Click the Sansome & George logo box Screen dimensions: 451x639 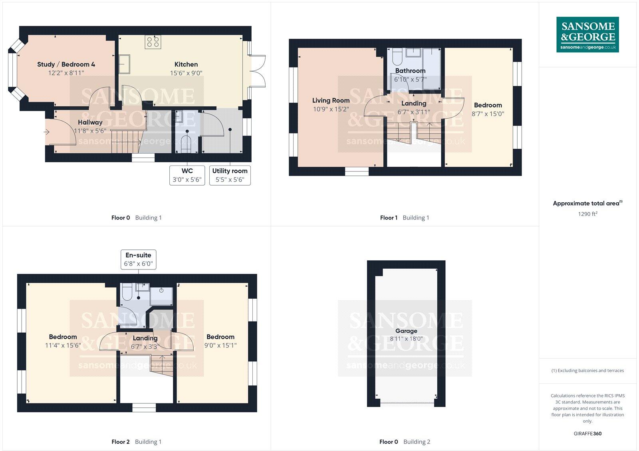coord(587,34)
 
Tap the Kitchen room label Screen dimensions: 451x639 coord(186,64)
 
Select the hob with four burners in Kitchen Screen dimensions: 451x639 coord(153,42)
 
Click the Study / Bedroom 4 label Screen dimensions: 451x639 coord(66,64)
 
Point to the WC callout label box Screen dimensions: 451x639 coord(187,176)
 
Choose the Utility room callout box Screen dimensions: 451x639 coord(230,176)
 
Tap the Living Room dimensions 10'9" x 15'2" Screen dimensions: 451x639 coord(331,109)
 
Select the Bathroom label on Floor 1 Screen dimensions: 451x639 coord(410,71)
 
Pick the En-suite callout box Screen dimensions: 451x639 coord(138,259)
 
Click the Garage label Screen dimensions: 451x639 coord(406,331)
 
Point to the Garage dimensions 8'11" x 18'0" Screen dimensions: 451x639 coord(406,339)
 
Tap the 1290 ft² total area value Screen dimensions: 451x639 coord(587,214)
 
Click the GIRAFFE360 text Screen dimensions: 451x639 coord(587,433)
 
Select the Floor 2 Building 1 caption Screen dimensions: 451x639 coord(136,442)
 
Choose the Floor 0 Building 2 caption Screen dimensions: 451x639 coord(405,442)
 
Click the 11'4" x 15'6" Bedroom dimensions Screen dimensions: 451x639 coord(63,345)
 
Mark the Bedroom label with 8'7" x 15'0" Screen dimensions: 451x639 coord(488,105)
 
